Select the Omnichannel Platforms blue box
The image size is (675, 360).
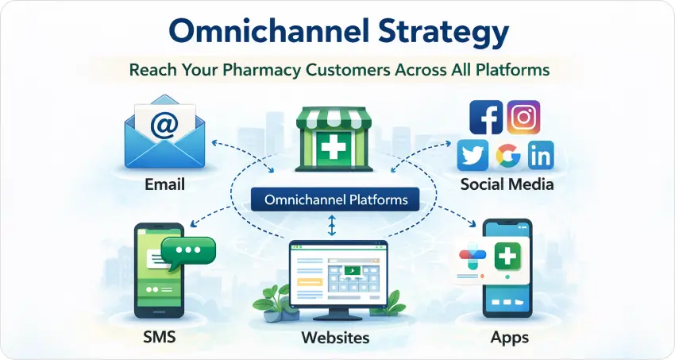tap(335, 199)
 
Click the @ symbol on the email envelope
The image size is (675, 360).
tap(164, 126)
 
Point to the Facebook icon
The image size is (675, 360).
tap(485, 117)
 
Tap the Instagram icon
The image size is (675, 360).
tap(523, 117)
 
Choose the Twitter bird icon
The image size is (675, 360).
tap(472, 155)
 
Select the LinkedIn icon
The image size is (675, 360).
tap(540, 156)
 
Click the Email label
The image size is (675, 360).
tap(164, 184)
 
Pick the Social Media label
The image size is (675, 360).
tap(507, 184)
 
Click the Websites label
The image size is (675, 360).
tap(335, 338)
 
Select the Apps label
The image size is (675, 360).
tap(509, 338)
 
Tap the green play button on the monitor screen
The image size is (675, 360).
tap(350, 270)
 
